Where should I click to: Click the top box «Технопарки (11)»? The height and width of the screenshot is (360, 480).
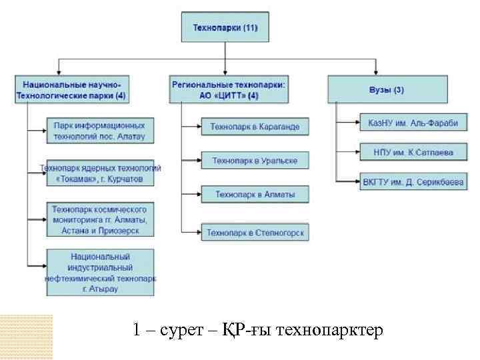click(225, 29)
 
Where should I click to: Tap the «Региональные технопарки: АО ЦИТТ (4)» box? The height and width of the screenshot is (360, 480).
click(229, 90)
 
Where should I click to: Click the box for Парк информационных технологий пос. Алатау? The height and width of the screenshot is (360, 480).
click(100, 131)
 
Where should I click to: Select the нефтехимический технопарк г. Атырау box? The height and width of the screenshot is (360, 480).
click(100, 272)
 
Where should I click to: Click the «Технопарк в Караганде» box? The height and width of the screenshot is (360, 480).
click(255, 126)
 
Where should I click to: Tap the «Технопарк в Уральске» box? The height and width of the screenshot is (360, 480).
click(255, 160)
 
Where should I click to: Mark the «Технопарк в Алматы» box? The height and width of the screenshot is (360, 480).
click(255, 195)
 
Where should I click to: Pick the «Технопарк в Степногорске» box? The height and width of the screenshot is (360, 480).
click(255, 233)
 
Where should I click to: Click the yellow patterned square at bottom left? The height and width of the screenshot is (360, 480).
click(27, 337)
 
